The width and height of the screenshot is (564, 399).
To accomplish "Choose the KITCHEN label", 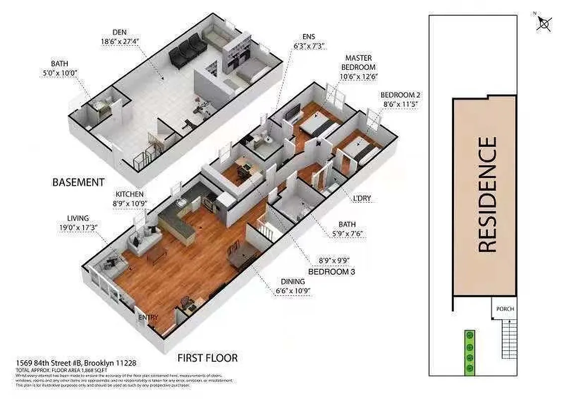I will tap(129, 194).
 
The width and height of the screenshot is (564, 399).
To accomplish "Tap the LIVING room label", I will tap(78, 218).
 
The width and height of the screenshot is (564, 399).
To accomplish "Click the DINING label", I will tap(292, 282).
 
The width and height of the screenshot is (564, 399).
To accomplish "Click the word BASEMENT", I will tap(78, 182).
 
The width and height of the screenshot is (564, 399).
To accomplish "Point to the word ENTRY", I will tap(148, 317).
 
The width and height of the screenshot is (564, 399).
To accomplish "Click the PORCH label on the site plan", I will tap(505, 309).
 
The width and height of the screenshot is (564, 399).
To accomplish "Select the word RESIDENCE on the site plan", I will tap(486, 195).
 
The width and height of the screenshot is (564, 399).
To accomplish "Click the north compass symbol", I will tap(544, 23).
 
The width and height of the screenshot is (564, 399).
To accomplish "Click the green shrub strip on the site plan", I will tap(469, 352).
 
